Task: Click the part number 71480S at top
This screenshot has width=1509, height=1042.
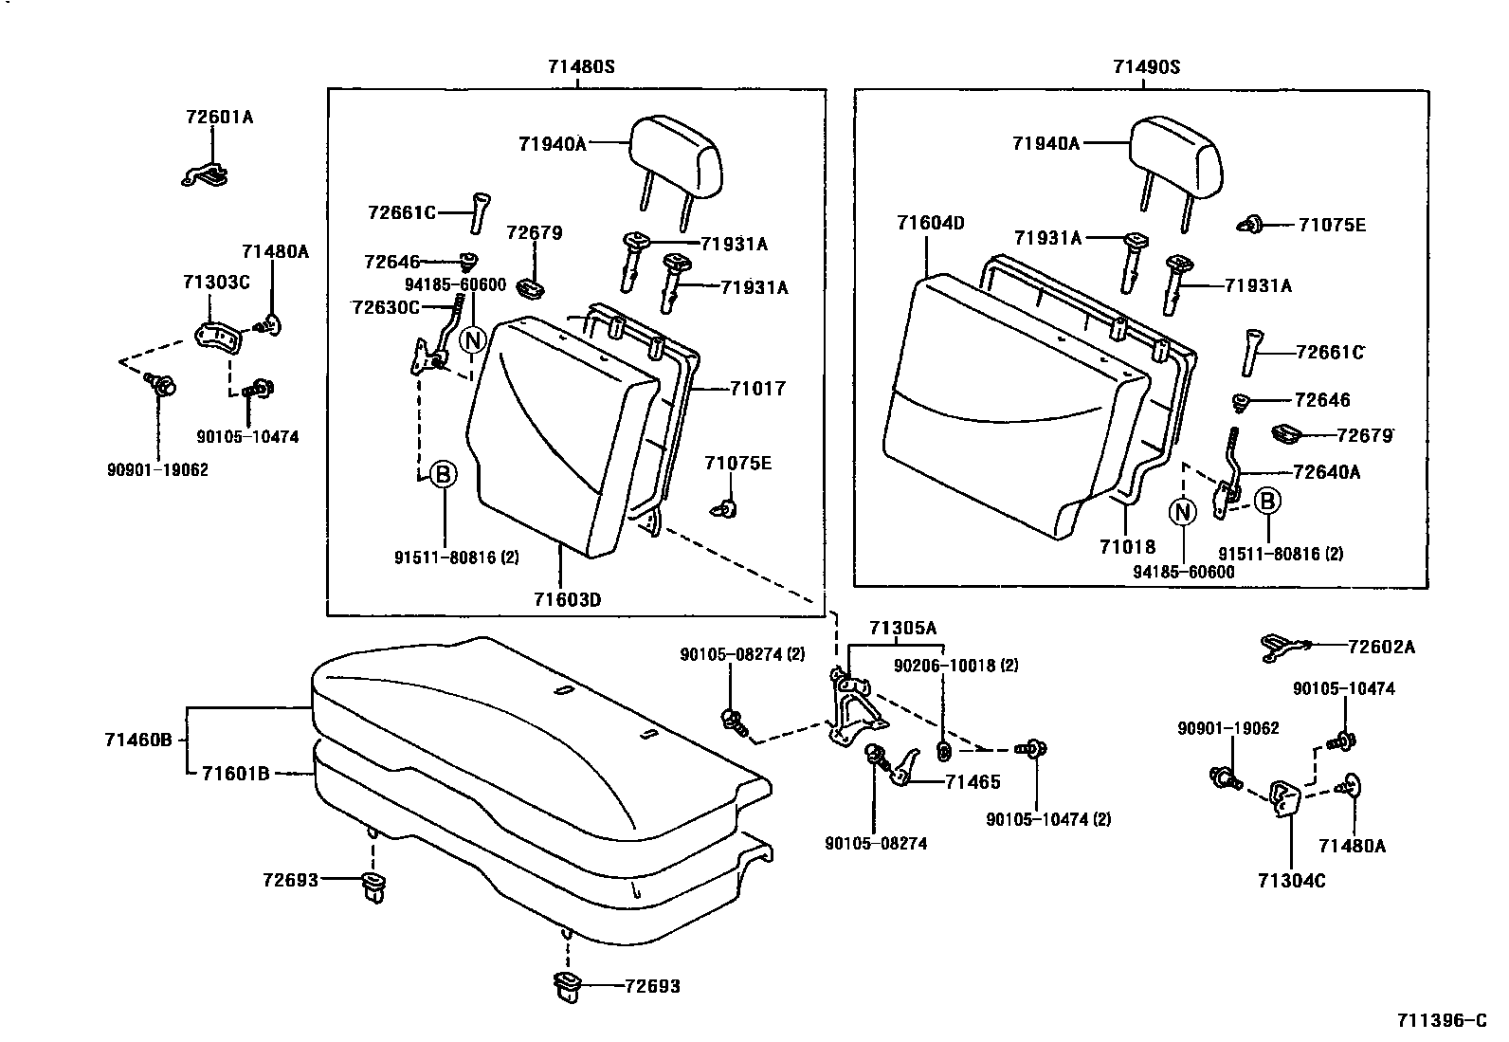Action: pyautogui.click(x=580, y=67)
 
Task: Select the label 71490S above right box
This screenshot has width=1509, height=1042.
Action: pyautogui.click(x=1146, y=67)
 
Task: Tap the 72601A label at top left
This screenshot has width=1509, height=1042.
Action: pyautogui.click(x=220, y=118)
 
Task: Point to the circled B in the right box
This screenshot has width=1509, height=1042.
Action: pyautogui.click(x=1268, y=501)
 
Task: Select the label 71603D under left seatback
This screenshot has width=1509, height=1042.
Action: pyautogui.click(x=567, y=599)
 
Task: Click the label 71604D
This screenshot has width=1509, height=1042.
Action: pyautogui.click(x=930, y=223)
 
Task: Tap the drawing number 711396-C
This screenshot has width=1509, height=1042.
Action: pyautogui.click(x=1441, y=1020)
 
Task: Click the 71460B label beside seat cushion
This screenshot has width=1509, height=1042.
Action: pyautogui.click(x=138, y=740)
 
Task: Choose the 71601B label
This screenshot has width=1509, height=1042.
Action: pyautogui.click(x=235, y=774)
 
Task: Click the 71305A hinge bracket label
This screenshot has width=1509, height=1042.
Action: pyautogui.click(x=902, y=628)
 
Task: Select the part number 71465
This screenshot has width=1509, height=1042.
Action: pyautogui.click(x=973, y=782)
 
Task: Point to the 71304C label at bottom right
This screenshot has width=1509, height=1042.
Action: pyautogui.click(x=1291, y=881)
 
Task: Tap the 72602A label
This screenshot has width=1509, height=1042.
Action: pyautogui.click(x=1381, y=647)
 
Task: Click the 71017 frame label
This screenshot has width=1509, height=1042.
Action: pyautogui.click(x=757, y=388)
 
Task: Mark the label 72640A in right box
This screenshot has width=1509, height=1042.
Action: pyautogui.click(x=1326, y=472)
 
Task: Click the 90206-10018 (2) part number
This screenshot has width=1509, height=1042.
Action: pyautogui.click(x=955, y=666)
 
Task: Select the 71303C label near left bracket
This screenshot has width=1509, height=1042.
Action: pyautogui.click(x=216, y=283)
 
